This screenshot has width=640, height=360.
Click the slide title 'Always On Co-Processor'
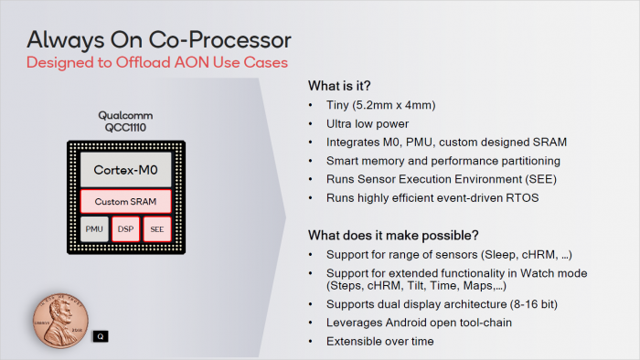(159, 39)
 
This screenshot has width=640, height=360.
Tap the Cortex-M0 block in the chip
(125, 170)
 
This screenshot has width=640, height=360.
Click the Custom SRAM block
(125, 201)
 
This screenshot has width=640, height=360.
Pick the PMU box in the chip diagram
(94, 228)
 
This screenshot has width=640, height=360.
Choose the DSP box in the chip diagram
(125, 228)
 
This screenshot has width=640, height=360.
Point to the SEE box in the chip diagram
(156, 228)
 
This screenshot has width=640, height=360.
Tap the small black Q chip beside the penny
(101, 335)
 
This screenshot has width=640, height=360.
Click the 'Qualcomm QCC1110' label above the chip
(125, 122)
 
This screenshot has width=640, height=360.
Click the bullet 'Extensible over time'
(378, 341)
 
